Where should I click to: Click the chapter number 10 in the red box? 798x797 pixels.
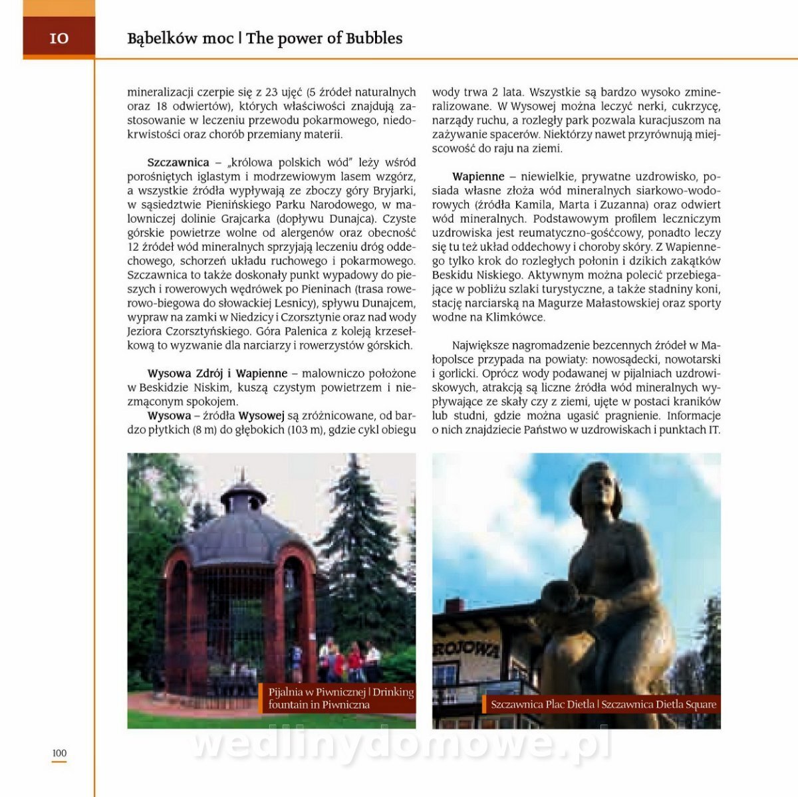59,39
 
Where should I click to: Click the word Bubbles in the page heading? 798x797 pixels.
374,39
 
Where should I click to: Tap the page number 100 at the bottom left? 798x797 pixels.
59,753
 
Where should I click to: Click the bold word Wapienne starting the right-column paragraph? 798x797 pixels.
478,177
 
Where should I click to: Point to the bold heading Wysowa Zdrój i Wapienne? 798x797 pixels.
217,374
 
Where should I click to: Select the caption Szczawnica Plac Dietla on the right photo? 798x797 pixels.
543,705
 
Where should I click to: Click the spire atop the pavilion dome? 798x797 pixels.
243,477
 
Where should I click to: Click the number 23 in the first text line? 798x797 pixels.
271,92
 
